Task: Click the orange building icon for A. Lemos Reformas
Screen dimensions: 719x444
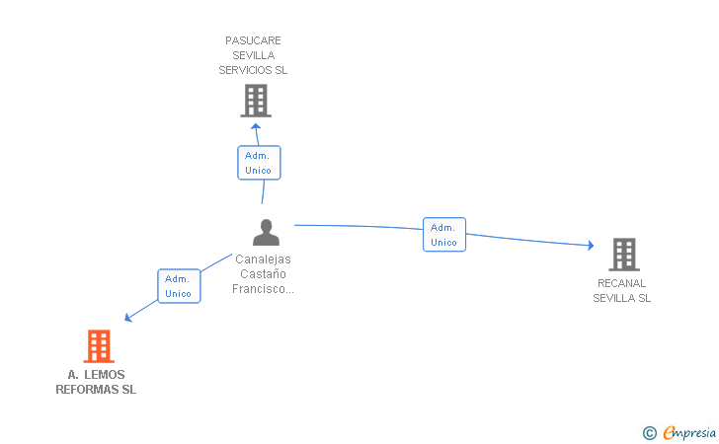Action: tap(99, 346)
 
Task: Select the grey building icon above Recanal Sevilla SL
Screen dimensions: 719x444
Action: tap(624, 255)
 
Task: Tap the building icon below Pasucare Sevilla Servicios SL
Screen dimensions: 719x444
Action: tap(256, 101)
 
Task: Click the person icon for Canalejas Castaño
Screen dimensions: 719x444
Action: tap(266, 232)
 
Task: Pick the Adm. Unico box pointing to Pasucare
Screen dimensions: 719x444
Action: tap(259, 163)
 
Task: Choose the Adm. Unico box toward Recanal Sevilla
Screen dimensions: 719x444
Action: tap(444, 235)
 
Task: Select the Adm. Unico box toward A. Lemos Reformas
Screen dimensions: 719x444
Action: tap(179, 286)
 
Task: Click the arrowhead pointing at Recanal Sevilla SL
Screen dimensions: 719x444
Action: tap(591, 246)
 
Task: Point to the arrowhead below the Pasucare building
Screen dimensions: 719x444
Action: tap(256, 126)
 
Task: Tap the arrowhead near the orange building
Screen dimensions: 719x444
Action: tap(128, 317)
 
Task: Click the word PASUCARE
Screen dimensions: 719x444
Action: tap(253, 40)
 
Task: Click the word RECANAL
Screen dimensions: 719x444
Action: tap(622, 283)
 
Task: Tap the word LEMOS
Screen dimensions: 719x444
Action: tap(105, 375)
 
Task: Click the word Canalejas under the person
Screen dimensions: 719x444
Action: tap(263, 259)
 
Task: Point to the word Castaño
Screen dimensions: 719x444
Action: tap(263, 274)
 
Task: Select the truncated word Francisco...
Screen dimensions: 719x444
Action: tap(263, 289)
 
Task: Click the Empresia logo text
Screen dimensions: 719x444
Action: tap(689, 433)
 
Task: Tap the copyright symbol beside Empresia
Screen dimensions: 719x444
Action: tap(649, 433)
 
